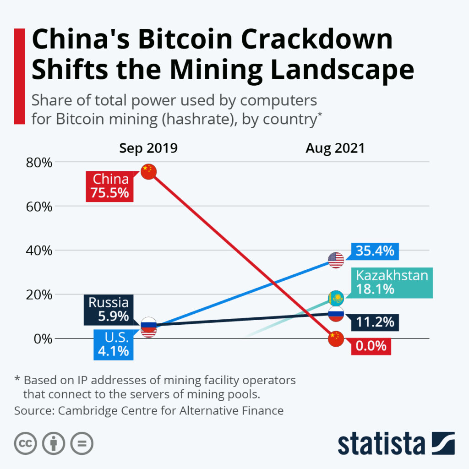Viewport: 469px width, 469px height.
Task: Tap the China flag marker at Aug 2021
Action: [x=336, y=339]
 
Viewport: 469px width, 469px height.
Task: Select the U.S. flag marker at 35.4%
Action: [x=336, y=260]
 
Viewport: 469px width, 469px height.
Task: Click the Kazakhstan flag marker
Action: [x=336, y=298]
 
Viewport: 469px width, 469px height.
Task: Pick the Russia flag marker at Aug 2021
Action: [x=336, y=314]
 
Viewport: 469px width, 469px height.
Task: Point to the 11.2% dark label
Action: [x=375, y=322]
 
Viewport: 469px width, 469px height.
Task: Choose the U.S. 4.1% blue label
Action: [x=113, y=345]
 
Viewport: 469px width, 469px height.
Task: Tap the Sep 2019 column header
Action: [x=148, y=148]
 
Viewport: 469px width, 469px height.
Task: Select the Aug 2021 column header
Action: [x=335, y=148]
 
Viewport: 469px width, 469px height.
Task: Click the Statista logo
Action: [x=396, y=443]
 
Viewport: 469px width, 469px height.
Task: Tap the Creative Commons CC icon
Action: [x=26, y=443]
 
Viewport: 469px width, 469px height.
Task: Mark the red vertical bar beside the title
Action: [x=19, y=76]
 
